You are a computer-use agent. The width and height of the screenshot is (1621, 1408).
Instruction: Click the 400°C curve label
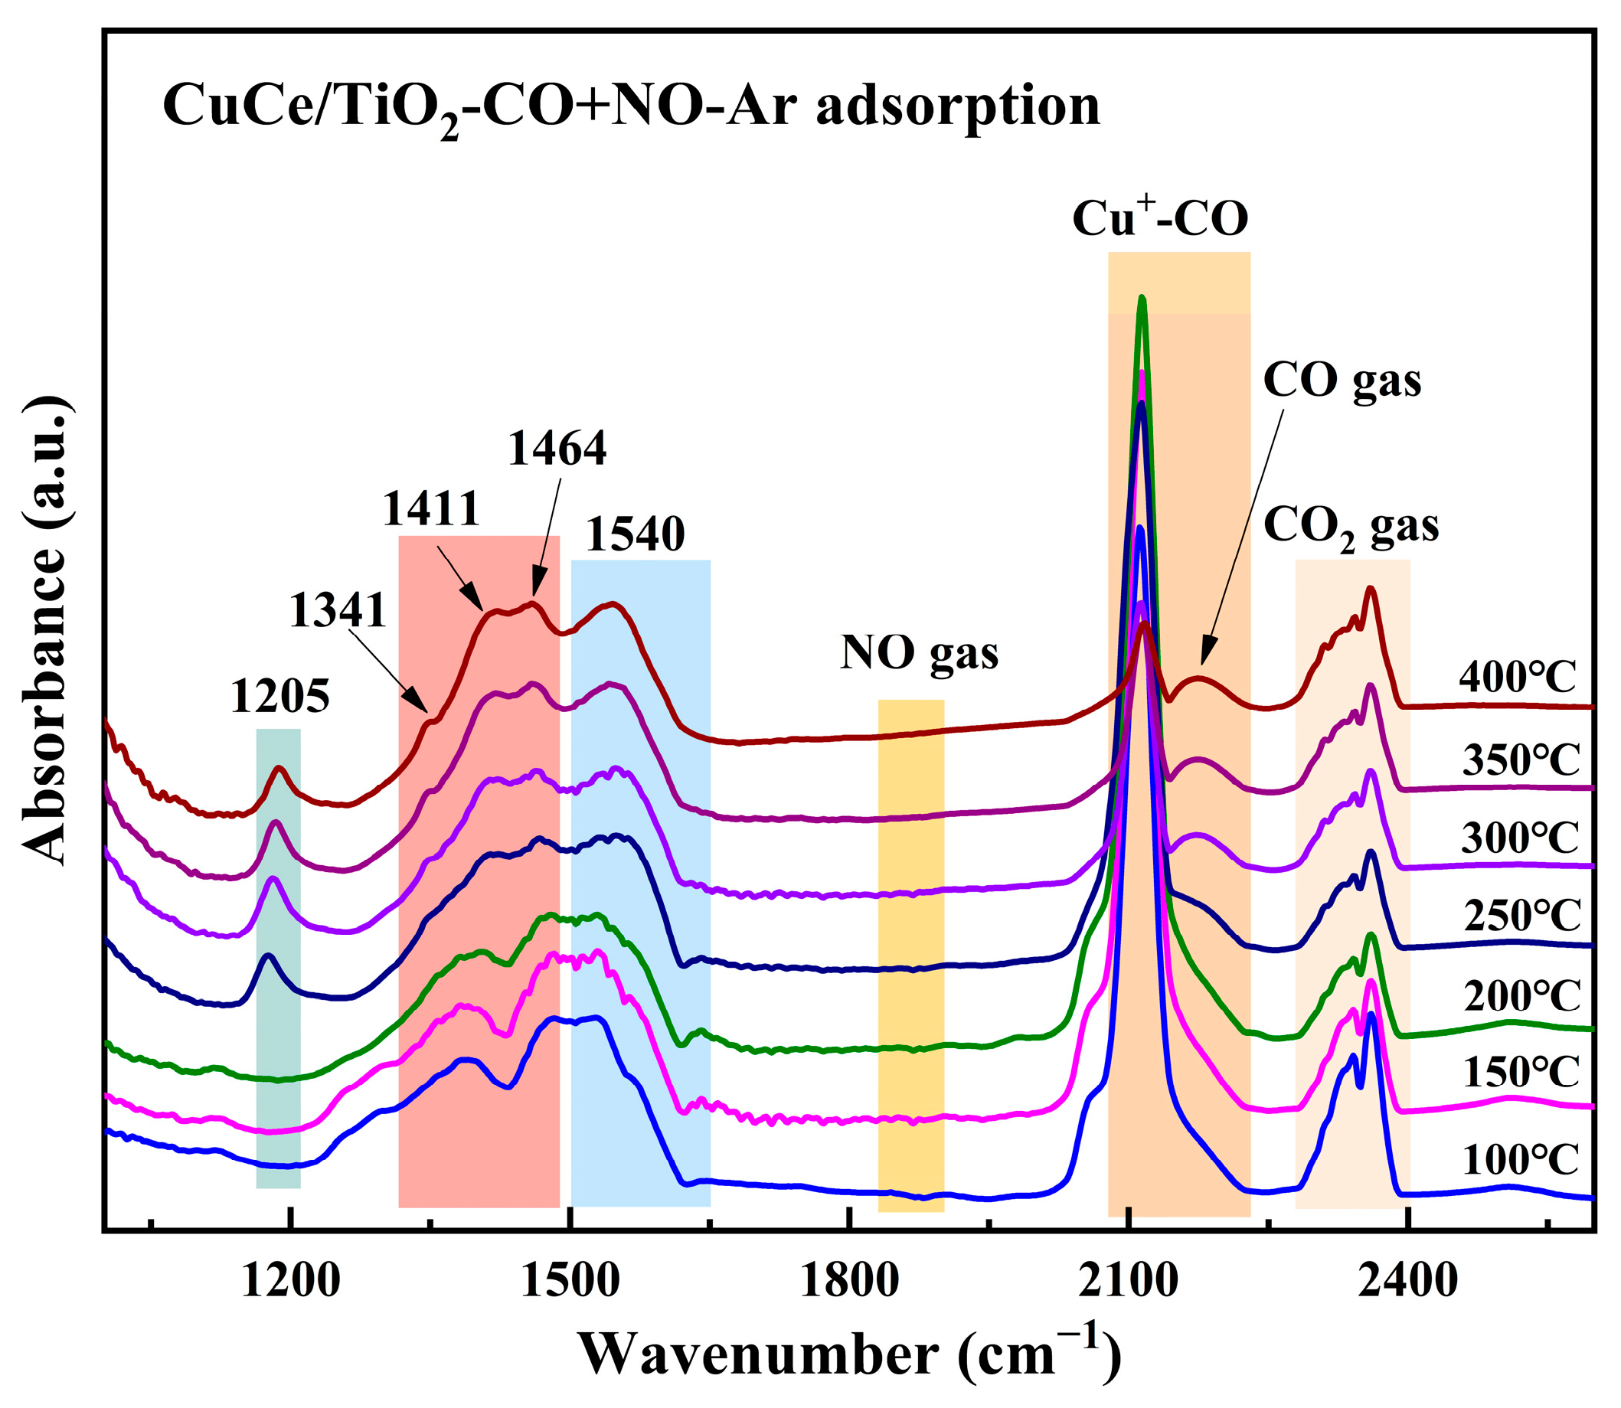tap(1518, 677)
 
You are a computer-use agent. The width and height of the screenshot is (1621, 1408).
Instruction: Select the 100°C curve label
tap(1520, 1160)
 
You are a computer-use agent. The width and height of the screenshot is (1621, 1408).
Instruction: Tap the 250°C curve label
tap(1521, 915)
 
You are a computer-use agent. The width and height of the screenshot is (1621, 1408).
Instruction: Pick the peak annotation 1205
tap(279, 697)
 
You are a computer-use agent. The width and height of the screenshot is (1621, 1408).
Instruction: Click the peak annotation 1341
tap(338, 610)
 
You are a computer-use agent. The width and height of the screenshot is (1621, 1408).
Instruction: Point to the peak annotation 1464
tap(557, 449)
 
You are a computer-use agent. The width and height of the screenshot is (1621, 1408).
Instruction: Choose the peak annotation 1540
tap(635, 535)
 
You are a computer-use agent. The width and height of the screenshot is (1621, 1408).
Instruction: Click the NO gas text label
tap(919, 652)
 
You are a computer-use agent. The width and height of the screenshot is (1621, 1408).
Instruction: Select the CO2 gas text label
tap(1351, 526)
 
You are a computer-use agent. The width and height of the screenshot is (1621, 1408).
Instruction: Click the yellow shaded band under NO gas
tap(910, 942)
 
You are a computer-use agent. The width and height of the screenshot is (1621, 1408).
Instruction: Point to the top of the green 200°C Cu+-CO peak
tap(1142, 298)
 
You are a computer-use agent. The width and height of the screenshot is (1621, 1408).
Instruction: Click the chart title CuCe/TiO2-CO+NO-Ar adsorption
tap(631, 108)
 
